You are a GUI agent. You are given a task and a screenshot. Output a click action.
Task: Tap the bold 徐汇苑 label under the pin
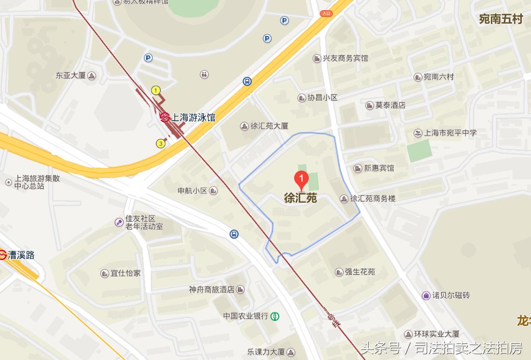[x=301, y=198]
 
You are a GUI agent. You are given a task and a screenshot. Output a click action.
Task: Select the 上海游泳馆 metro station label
[x=193, y=118]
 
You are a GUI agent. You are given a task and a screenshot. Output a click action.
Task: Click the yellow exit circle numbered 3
[x=160, y=143]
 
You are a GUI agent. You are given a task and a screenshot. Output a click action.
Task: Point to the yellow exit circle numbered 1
[x=156, y=90]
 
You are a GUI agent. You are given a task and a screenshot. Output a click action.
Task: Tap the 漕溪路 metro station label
[x=21, y=255]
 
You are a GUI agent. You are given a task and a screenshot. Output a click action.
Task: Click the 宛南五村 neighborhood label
[x=501, y=19]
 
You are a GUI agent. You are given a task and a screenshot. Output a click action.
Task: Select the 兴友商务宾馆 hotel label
[x=345, y=58]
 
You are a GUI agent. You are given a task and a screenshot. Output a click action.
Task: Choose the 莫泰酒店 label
[x=390, y=105]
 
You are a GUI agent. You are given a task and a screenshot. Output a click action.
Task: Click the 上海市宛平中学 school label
[x=450, y=133]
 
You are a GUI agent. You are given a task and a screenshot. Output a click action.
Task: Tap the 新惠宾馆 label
[x=379, y=168]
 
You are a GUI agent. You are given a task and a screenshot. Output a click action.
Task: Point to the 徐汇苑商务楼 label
[x=372, y=199]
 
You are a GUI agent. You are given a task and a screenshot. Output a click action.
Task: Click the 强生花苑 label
[x=360, y=271]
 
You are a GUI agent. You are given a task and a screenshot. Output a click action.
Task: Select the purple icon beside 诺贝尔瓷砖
[x=426, y=295]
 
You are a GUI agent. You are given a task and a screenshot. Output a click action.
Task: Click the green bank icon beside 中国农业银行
[x=275, y=316]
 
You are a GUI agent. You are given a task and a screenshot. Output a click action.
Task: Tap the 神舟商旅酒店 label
[x=212, y=289]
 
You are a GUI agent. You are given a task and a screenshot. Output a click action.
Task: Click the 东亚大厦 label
[x=71, y=75]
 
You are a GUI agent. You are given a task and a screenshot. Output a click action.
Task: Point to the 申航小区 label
[x=193, y=190]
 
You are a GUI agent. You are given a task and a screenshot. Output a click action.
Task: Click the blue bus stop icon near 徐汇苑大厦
[x=248, y=82]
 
